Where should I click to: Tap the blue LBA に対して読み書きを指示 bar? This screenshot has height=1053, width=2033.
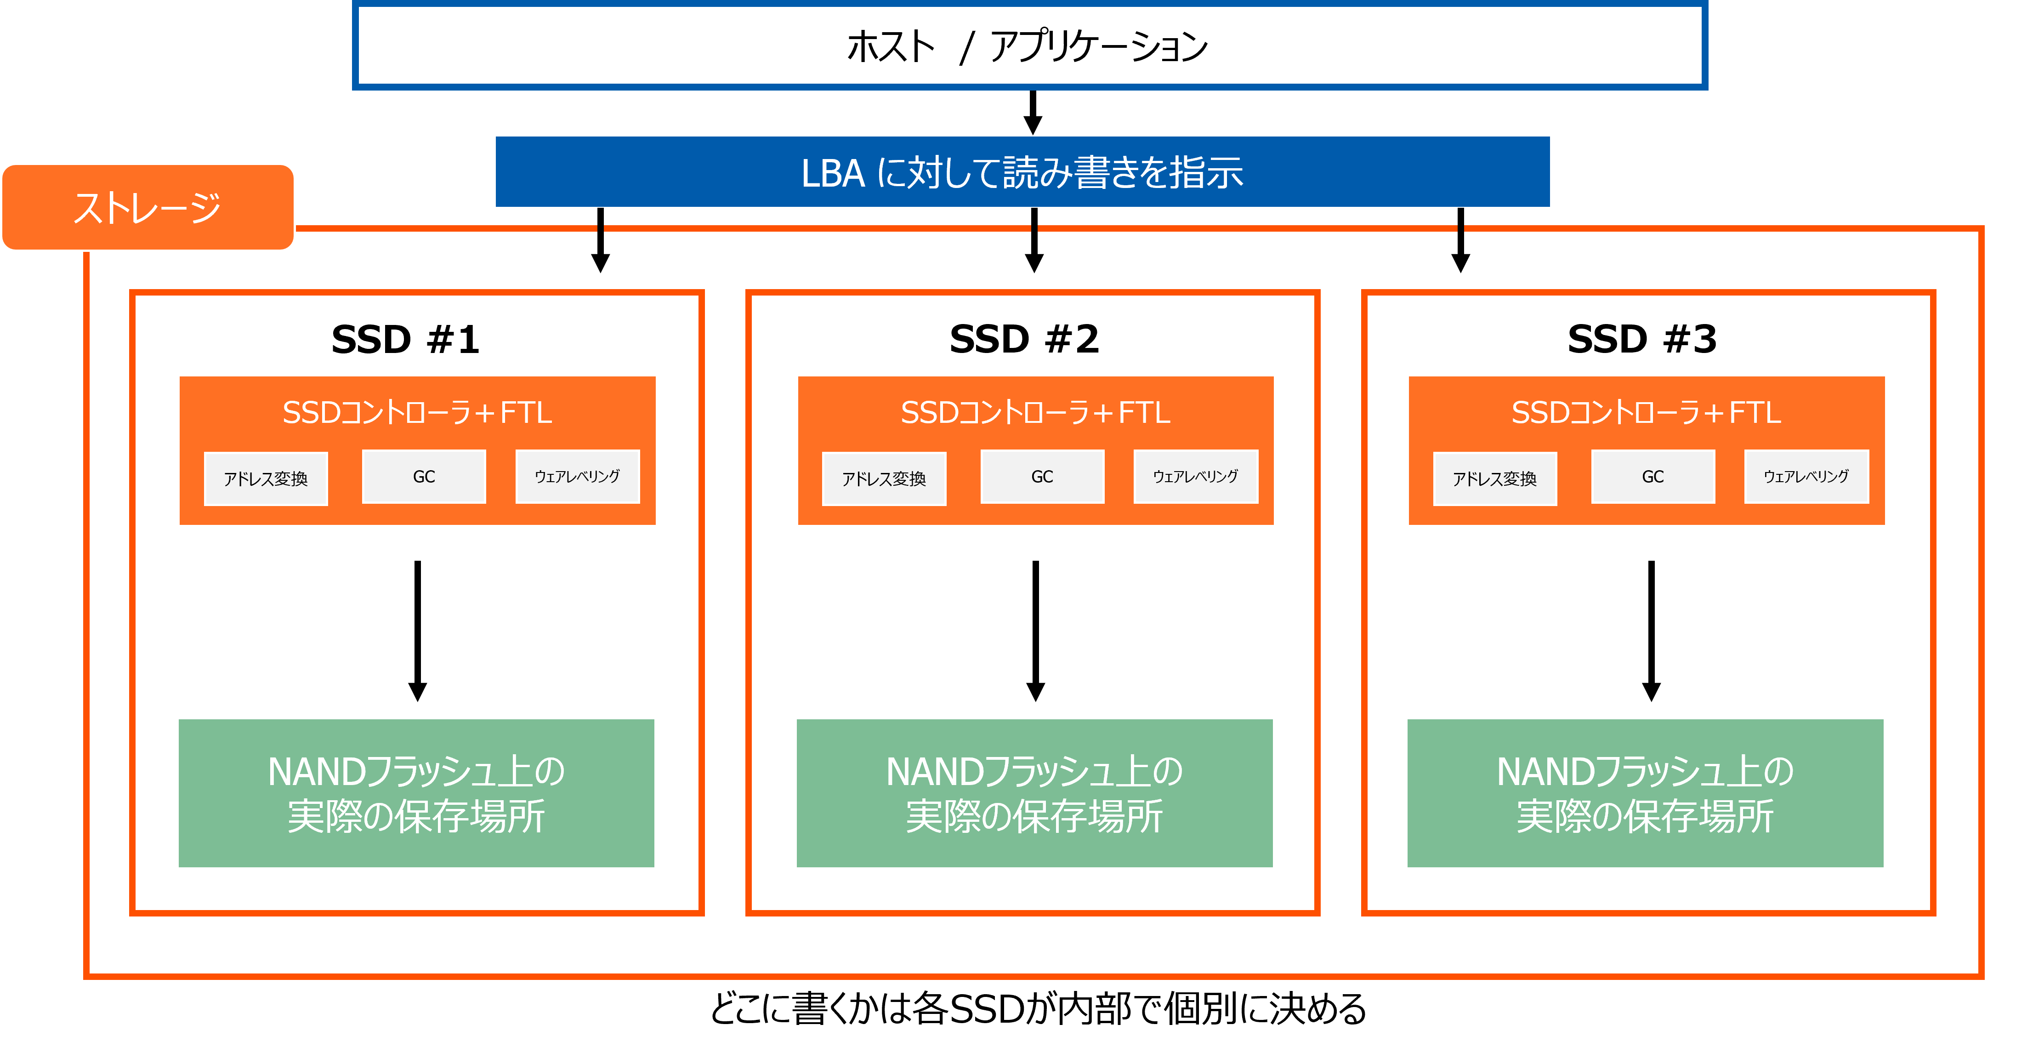tap(1022, 171)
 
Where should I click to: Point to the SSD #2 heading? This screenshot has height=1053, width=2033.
tap(1023, 339)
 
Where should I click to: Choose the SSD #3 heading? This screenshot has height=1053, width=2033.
tap(1641, 339)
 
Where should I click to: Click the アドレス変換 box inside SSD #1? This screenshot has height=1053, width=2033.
tap(266, 478)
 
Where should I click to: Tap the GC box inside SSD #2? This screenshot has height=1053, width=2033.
tap(1042, 476)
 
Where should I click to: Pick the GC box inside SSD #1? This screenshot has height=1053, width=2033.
tap(424, 476)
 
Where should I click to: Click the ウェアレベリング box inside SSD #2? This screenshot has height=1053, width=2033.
tap(1196, 476)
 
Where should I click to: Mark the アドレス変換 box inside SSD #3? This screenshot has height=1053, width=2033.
tap(1495, 478)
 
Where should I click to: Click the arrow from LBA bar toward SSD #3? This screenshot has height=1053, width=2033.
tap(1461, 240)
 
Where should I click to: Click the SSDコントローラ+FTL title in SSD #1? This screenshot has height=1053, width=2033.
tap(417, 412)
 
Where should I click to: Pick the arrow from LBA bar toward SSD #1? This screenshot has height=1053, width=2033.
tap(601, 240)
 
